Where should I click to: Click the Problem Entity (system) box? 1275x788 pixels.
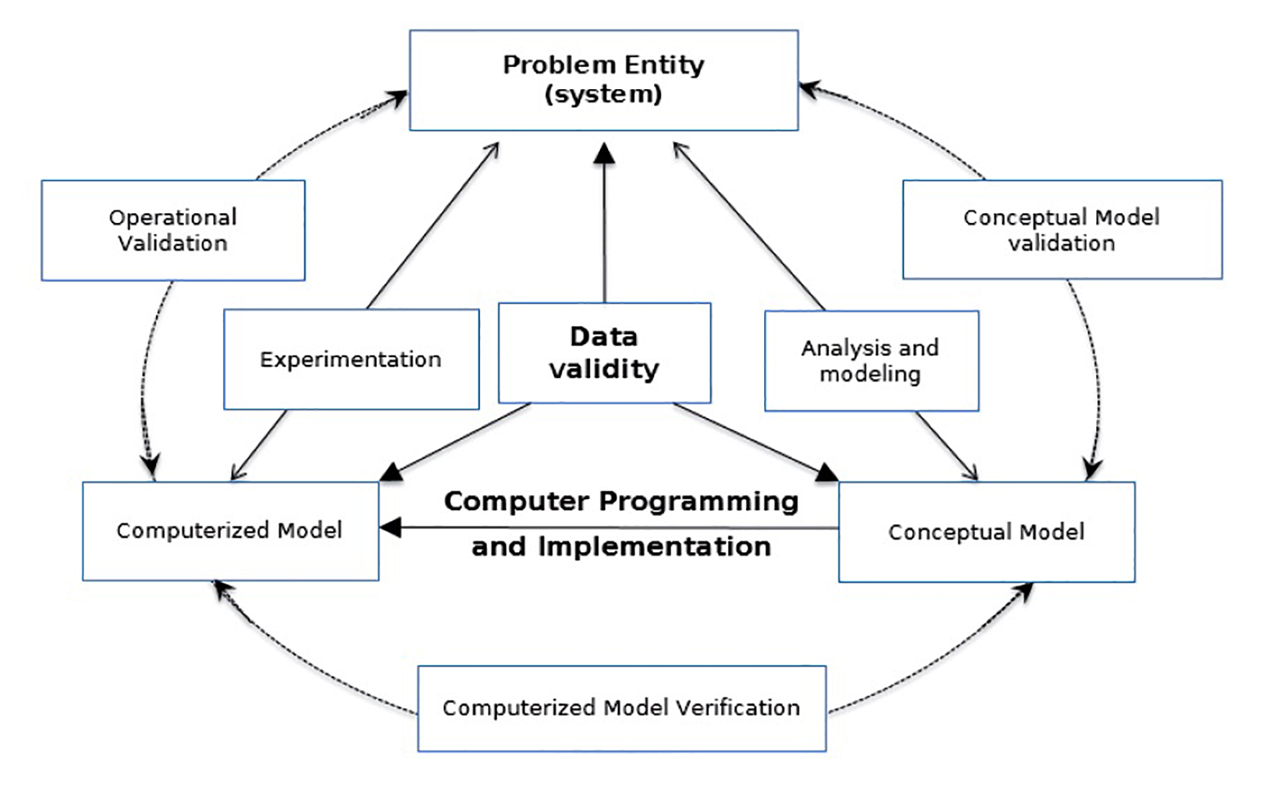click(x=603, y=80)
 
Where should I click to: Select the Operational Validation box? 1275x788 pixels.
click(x=173, y=230)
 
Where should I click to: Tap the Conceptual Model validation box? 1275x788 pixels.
click(x=1061, y=230)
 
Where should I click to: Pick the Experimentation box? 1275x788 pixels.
click(x=350, y=359)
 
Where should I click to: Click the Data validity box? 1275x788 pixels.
click(x=604, y=353)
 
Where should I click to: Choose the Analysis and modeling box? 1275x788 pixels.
click(x=871, y=361)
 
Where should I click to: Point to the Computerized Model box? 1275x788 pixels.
click(x=230, y=530)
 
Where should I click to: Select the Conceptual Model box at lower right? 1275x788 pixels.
click(x=986, y=532)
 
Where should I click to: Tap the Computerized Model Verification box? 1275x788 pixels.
click(x=621, y=708)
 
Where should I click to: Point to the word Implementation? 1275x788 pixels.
click(x=654, y=547)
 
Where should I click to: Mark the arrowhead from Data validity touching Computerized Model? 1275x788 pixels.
click(x=392, y=472)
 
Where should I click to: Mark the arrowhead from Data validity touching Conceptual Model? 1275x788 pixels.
click(x=826, y=473)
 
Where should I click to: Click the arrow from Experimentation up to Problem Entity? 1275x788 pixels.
click(x=432, y=227)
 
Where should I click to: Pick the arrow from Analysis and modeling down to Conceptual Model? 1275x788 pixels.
click(x=946, y=446)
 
